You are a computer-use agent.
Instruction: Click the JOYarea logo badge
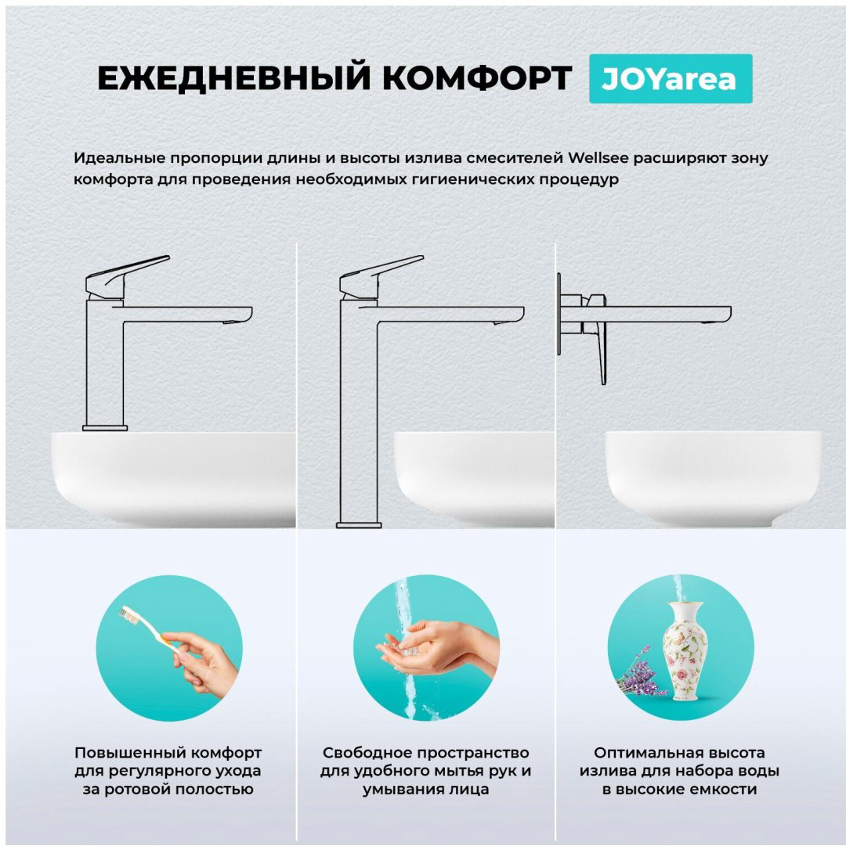(671, 79)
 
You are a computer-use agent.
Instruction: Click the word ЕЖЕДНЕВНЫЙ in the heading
(234, 77)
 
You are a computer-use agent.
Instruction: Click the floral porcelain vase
(685, 651)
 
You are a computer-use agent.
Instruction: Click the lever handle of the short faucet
(127, 275)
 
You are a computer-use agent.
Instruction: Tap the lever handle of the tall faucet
(381, 275)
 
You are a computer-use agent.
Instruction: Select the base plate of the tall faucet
(359, 525)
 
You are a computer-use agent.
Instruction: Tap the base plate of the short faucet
(105, 428)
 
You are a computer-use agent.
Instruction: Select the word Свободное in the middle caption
(365, 753)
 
